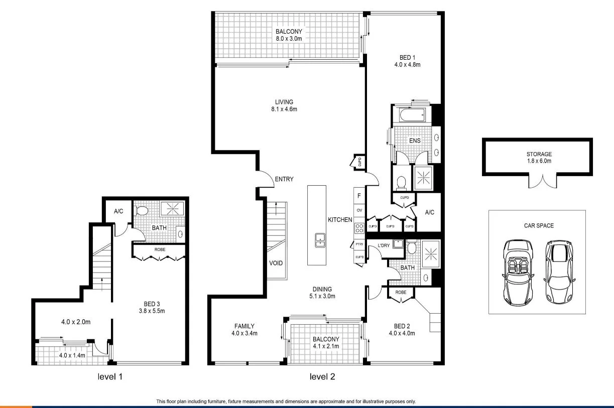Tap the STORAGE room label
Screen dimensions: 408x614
point(539,154)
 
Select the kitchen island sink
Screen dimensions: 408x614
point(318,240)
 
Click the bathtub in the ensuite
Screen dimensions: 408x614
point(412,116)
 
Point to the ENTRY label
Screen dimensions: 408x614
point(284,179)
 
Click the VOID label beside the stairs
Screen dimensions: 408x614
point(276,262)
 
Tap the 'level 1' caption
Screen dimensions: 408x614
point(110,376)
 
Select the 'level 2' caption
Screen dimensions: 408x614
point(322,376)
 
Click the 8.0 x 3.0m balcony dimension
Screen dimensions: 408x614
point(289,38)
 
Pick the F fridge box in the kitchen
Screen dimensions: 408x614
point(359,196)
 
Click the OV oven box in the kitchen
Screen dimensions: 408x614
point(359,210)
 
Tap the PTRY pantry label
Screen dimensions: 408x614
point(359,244)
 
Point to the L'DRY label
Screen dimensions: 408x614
point(384,245)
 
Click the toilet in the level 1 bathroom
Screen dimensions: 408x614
point(142,211)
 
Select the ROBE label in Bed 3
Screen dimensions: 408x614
point(160,249)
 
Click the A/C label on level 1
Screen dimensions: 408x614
point(118,211)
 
